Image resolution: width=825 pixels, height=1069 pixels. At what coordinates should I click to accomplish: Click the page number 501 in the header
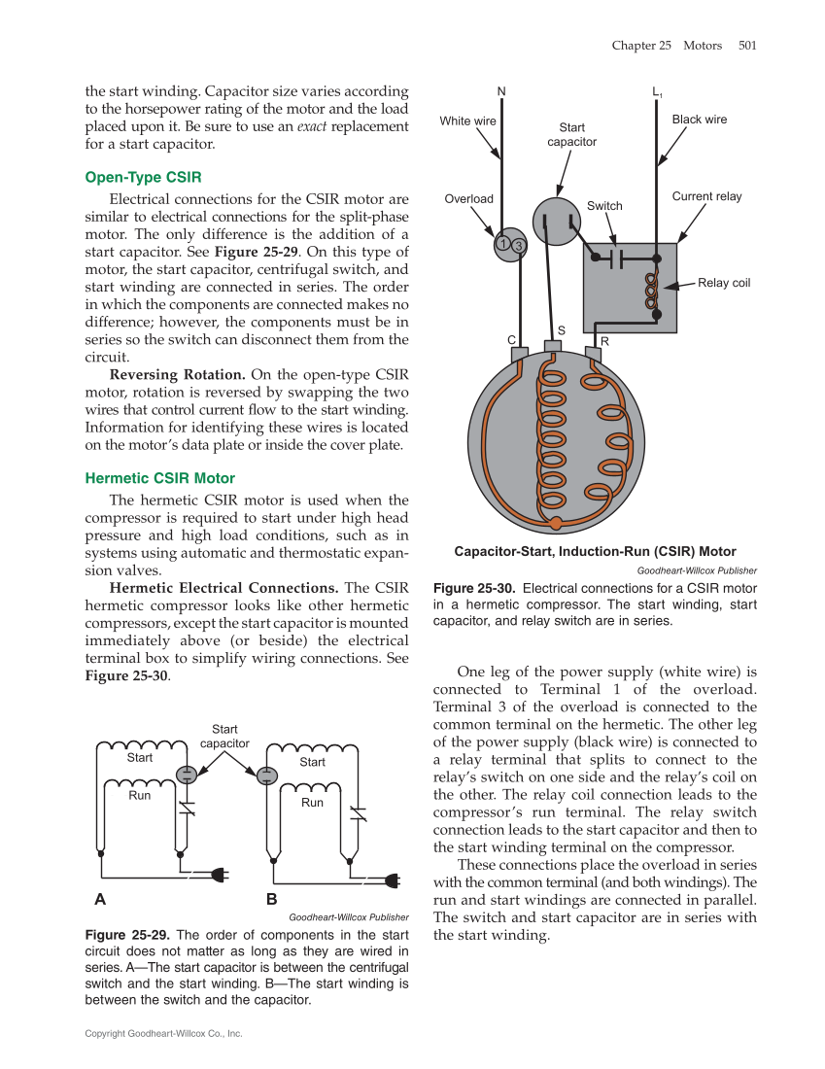[746, 45]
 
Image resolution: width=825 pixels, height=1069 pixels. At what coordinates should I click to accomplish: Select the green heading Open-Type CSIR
[143, 177]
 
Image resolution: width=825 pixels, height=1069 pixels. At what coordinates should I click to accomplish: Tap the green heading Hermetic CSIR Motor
[159, 478]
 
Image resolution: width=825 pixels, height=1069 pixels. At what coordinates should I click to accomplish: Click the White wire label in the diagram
[468, 121]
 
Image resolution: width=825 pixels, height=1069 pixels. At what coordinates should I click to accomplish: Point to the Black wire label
[700, 120]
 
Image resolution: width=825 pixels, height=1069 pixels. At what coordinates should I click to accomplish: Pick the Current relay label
[706, 196]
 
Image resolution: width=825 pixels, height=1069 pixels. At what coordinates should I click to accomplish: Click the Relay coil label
[724, 283]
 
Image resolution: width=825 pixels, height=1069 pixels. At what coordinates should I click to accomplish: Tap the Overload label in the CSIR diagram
[469, 198]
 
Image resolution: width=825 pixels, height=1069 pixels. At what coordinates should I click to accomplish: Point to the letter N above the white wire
[501, 92]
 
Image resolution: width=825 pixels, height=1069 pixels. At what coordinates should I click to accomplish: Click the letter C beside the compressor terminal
[511, 340]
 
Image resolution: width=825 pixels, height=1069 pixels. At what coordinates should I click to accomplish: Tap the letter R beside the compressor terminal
[604, 341]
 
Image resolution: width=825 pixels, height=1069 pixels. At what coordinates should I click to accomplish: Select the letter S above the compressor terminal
[562, 330]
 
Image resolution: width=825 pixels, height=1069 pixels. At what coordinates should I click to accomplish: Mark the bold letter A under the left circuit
[100, 899]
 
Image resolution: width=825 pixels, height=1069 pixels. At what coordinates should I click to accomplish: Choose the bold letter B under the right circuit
[272, 899]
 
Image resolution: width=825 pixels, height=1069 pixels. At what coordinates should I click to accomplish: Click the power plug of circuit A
[221, 873]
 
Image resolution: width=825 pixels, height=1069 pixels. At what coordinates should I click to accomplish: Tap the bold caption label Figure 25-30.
[473, 589]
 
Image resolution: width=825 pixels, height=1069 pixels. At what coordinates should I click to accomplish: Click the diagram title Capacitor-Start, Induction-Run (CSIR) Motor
[595, 552]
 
